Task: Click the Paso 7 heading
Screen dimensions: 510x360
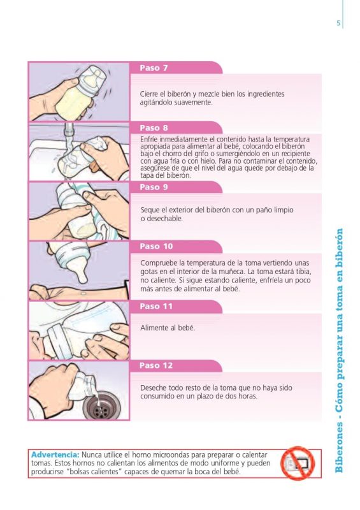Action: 154,68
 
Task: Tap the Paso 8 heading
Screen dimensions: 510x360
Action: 154,128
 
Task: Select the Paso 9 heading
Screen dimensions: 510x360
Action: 154,187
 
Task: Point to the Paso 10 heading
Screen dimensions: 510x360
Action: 156,247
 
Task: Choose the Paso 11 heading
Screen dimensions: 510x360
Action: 156,307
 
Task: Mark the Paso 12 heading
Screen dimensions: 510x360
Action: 156,366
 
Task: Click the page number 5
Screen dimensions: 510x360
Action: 338,24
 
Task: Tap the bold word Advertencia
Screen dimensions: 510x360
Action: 55,455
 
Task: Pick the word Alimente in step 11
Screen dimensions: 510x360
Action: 153,328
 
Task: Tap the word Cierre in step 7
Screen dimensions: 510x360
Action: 150,94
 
